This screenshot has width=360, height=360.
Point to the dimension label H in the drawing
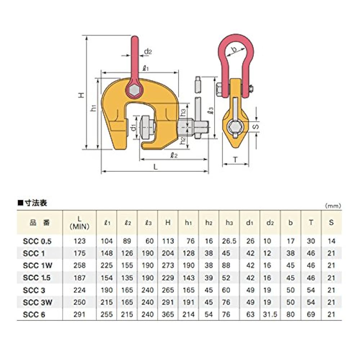click(x=82, y=95)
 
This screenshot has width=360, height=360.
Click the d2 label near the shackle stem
click(x=148, y=52)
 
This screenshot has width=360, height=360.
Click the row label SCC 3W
click(x=37, y=302)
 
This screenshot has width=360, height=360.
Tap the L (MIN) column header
click(x=80, y=222)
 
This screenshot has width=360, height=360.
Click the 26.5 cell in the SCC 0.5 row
click(x=229, y=241)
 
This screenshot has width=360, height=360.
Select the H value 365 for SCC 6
click(x=168, y=314)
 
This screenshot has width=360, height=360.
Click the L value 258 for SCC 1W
click(x=80, y=265)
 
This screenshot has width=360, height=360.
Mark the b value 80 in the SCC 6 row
click(x=291, y=314)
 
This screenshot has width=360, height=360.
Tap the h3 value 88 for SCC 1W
click(x=229, y=265)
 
